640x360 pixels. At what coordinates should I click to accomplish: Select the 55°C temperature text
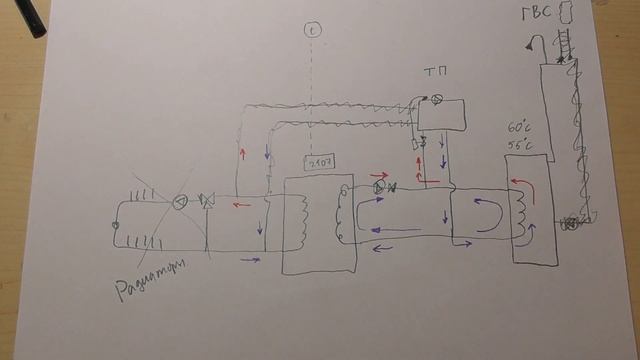click(x=521, y=145)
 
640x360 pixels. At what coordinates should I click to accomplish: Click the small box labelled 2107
click(x=319, y=162)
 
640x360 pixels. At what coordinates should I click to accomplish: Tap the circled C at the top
click(x=312, y=30)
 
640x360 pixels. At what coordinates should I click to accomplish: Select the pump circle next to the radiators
click(x=180, y=203)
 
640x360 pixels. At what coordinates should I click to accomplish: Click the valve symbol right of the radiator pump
click(x=207, y=203)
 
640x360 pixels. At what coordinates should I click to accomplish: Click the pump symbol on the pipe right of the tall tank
click(x=570, y=222)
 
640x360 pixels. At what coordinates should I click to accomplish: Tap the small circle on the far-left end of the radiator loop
click(x=116, y=226)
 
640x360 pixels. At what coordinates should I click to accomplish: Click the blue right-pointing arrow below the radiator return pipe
click(x=250, y=260)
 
